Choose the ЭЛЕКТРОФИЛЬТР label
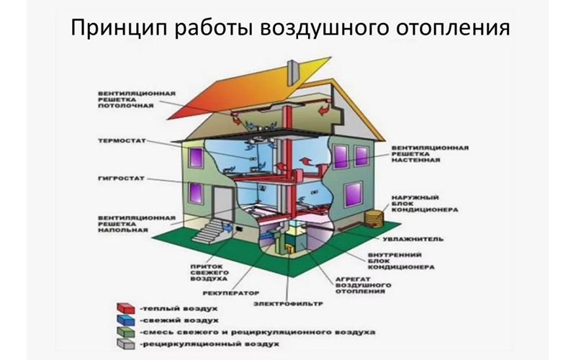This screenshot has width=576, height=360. (x=284, y=305)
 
